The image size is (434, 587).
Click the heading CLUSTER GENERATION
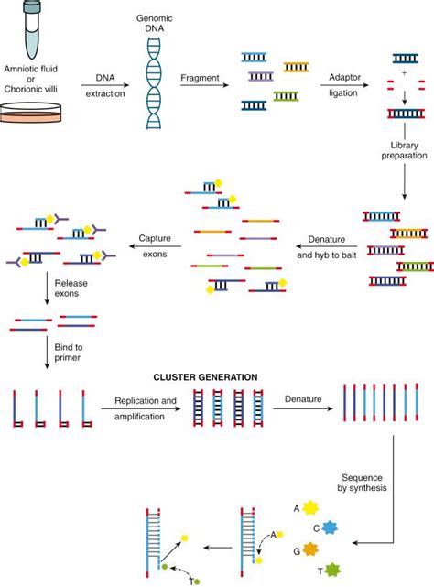[217, 376]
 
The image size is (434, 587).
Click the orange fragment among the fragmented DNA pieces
[296, 67]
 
